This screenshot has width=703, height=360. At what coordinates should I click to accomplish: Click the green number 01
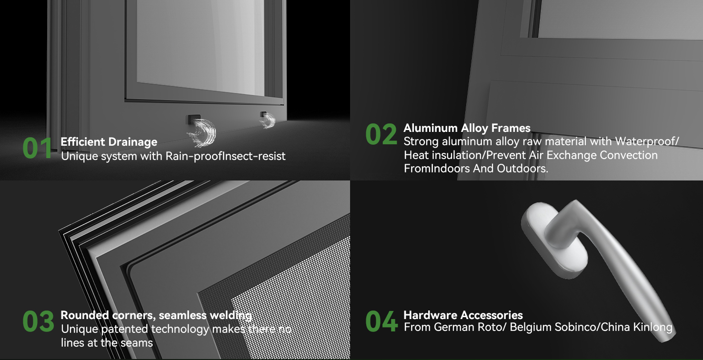pyautogui.click(x=37, y=148)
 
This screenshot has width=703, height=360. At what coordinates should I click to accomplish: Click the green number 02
pyautogui.click(x=381, y=134)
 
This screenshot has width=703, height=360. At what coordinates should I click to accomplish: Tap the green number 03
pyautogui.click(x=38, y=321)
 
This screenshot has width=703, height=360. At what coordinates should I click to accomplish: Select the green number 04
pyautogui.click(x=382, y=321)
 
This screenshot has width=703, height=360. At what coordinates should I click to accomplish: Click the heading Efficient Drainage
pyautogui.click(x=109, y=142)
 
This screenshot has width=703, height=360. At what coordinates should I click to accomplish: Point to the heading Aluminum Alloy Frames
pyautogui.click(x=467, y=128)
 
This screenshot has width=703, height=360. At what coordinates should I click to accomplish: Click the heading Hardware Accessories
pyautogui.click(x=463, y=315)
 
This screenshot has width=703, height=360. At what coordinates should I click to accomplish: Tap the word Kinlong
pyautogui.click(x=653, y=328)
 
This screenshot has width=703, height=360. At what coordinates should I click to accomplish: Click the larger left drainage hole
pyautogui.click(x=194, y=120)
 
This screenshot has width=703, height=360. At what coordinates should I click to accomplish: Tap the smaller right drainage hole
pyautogui.click(x=264, y=115)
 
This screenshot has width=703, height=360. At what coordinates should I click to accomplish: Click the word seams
pyautogui.click(x=137, y=343)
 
